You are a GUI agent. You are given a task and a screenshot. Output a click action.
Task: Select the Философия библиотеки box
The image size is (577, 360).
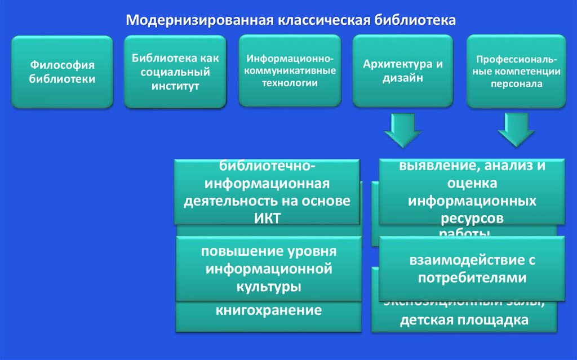(x=62, y=72)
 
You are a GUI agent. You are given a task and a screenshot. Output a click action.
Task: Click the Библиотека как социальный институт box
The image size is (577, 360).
(x=175, y=72)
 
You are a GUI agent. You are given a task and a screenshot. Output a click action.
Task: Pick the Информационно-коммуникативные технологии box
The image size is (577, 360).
(x=290, y=71)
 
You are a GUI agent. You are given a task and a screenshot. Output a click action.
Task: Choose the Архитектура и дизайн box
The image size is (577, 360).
(x=403, y=71)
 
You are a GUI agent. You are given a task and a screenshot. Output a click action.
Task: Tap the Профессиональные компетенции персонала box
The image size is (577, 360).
(x=517, y=71)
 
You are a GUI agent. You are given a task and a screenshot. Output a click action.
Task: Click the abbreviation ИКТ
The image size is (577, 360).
(x=267, y=218)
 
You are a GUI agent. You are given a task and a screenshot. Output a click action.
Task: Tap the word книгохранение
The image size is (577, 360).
(x=269, y=309)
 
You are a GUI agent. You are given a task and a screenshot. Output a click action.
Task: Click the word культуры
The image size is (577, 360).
(x=268, y=286)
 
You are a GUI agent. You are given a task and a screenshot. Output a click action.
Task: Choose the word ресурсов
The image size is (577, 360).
(x=472, y=217)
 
